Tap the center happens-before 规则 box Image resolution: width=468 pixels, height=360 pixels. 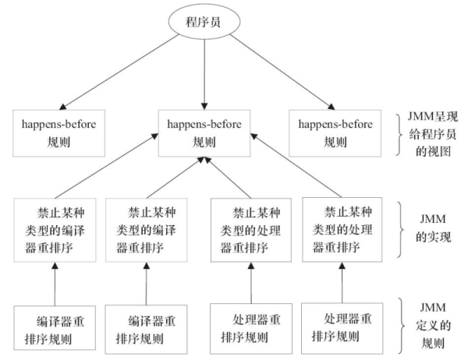(x=204, y=132)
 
